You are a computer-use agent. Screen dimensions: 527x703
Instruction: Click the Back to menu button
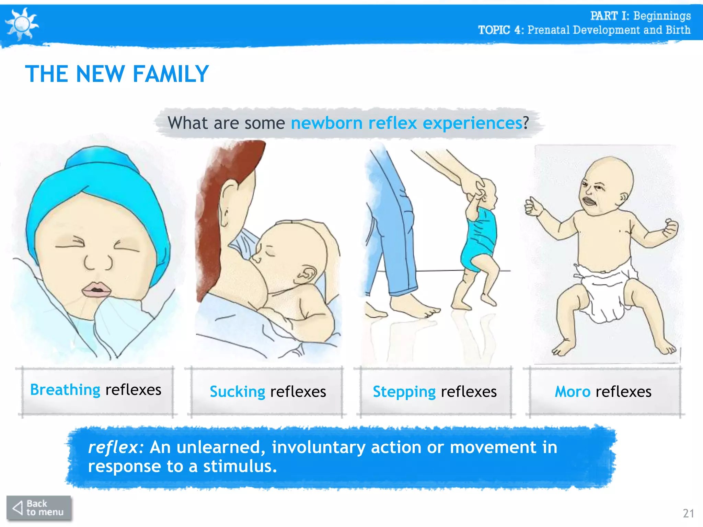coord(38,508)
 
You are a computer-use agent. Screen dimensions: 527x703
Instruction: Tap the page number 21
coord(689,513)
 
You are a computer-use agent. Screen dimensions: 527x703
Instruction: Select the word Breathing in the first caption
coord(65,390)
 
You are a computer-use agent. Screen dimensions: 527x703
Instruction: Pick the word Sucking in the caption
coord(237,392)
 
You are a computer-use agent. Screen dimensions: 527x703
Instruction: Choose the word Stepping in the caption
coord(404,392)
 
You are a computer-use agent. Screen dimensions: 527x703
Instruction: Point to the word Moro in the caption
coord(573,392)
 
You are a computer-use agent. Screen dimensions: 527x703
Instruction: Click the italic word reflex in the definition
coord(113,447)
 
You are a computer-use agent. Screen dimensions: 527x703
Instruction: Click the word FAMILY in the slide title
coord(171,74)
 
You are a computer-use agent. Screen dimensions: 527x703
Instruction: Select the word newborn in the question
coord(326,123)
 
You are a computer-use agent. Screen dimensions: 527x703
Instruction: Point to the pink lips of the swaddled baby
coord(96,289)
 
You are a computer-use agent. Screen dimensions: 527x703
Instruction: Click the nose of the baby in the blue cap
coord(98,262)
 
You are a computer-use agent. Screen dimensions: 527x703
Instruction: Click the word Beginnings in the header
coord(662,16)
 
